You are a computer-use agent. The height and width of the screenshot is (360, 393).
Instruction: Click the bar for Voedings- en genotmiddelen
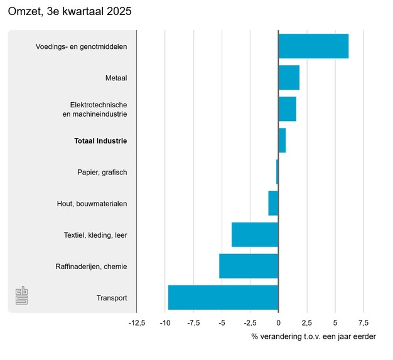click(x=313, y=46)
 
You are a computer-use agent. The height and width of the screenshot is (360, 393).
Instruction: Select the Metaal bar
click(x=289, y=78)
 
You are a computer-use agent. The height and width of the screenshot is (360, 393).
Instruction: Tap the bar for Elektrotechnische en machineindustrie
click(x=287, y=109)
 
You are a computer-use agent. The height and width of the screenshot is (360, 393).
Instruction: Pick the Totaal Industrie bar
click(x=282, y=140)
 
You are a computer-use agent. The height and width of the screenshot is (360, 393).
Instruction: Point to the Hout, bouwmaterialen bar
click(x=273, y=203)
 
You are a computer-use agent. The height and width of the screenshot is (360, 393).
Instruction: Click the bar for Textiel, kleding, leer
click(x=255, y=235)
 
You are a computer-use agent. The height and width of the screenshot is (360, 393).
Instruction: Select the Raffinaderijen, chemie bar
click(x=249, y=266)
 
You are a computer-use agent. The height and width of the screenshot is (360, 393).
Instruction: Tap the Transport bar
click(x=223, y=297)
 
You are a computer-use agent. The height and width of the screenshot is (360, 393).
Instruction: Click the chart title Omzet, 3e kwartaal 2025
click(x=70, y=12)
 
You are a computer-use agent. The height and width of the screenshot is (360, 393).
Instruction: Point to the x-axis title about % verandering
click(x=313, y=337)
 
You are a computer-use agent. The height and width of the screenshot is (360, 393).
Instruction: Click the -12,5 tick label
click(x=137, y=323)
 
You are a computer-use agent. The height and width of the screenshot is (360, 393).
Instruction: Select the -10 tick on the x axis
click(x=165, y=323)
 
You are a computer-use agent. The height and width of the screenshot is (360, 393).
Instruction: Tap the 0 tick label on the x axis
click(x=278, y=323)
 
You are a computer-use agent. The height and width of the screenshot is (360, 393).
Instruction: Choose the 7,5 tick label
click(x=363, y=323)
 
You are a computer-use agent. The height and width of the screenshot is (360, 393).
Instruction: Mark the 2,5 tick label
click(x=307, y=323)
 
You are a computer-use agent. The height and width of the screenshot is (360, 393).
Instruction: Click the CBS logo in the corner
click(x=21, y=296)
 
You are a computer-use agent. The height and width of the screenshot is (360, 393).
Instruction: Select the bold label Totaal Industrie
click(x=100, y=141)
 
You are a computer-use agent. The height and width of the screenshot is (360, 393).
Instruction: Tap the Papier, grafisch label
click(x=102, y=172)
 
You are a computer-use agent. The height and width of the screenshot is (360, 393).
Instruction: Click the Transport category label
click(x=112, y=298)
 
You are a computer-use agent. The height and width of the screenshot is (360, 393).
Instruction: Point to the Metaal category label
click(x=116, y=78)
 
